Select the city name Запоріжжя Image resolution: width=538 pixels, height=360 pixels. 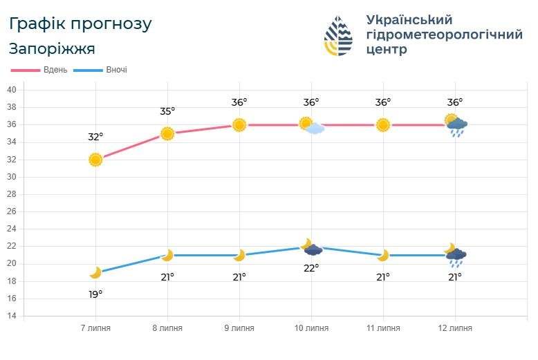(x=52, y=48)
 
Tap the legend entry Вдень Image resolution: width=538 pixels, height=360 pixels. (x=55, y=70)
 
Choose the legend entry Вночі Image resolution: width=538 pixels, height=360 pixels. (x=117, y=70)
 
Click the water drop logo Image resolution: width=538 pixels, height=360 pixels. (x=338, y=36)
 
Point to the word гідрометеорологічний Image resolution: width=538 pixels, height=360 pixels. (x=445, y=35)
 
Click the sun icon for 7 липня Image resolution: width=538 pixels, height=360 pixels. (x=95, y=160)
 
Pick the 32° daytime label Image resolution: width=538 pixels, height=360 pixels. (x=95, y=137)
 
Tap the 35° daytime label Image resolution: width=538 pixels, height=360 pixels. (x=167, y=111)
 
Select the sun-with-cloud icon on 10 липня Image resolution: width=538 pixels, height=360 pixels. (x=312, y=126)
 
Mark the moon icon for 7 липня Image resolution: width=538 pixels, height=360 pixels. (x=95, y=272)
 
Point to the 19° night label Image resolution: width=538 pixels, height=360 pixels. (x=95, y=294)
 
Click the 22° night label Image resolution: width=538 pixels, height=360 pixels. (x=311, y=268)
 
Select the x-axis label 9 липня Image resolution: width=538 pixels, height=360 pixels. (x=239, y=328)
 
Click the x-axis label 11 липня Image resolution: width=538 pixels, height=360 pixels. (x=383, y=328)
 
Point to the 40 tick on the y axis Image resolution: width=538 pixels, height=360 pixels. (x=12, y=90)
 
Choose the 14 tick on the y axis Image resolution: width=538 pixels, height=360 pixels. (x=12, y=316)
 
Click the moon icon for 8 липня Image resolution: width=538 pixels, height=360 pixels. (x=167, y=255)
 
